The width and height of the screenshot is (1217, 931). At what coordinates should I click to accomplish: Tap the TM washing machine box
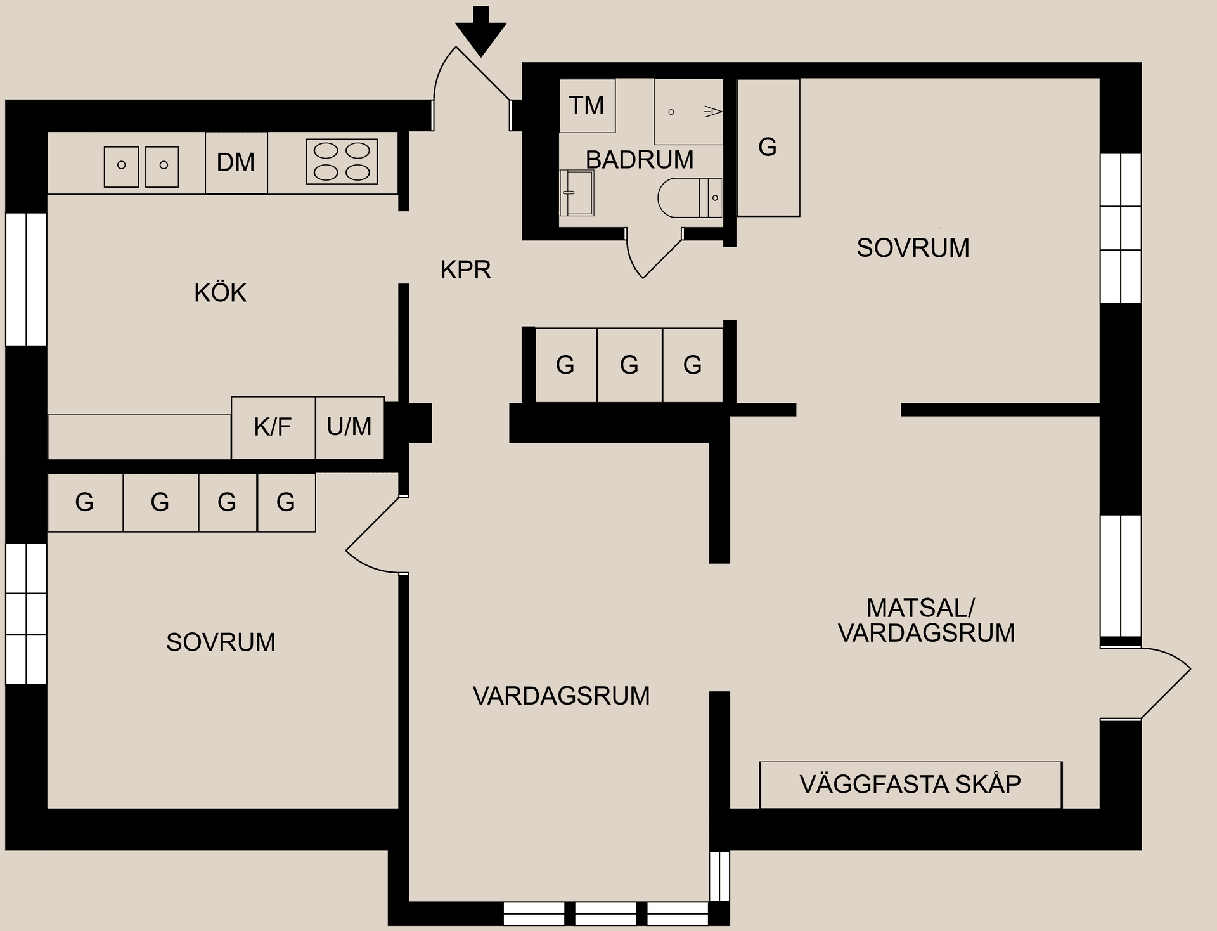[x=587, y=105]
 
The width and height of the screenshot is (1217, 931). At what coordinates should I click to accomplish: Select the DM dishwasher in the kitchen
[x=236, y=162]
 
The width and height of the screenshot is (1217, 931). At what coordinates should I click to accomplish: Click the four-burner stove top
[x=342, y=162]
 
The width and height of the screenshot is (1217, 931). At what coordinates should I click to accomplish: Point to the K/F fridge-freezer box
[x=273, y=427]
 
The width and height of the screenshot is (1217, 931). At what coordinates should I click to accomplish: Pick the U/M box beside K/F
[x=349, y=427]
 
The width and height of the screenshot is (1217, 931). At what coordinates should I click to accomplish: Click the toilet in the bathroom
[x=687, y=198]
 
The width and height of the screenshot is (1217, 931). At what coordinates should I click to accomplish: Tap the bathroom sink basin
[x=576, y=193]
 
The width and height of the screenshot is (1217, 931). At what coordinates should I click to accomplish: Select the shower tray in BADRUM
[x=688, y=112]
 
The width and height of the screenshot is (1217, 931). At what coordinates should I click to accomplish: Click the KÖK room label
[x=220, y=293]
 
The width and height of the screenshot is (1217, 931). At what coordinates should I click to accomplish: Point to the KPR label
[x=465, y=270]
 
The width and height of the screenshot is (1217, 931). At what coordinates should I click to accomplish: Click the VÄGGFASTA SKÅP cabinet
[x=910, y=785]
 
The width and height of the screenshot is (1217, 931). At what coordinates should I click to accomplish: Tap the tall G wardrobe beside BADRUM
[x=768, y=147]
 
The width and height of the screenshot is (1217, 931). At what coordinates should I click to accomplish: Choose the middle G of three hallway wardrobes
[x=629, y=365]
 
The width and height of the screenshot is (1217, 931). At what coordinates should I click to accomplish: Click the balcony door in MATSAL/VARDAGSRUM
[x=1147, y=684]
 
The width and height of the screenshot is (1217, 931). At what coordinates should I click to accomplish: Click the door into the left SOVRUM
[x=374, y=536]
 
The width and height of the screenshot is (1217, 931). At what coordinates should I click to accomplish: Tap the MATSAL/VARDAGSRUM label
[x=925, y=621]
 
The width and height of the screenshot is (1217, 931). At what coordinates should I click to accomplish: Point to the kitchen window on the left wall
[x=26, y=279]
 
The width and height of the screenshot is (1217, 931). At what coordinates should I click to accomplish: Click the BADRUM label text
[x=639, y=160]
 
